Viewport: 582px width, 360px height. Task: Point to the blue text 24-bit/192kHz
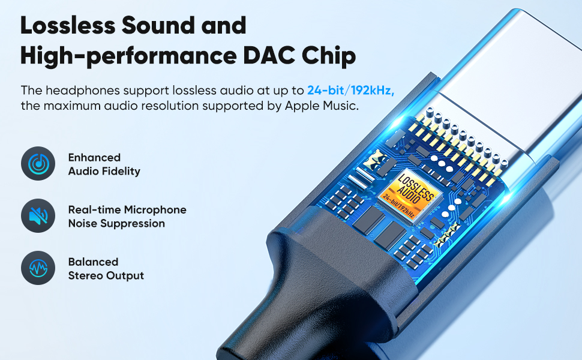351,91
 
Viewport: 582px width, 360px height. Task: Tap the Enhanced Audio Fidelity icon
38,164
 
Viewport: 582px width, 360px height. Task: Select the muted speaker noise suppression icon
38,216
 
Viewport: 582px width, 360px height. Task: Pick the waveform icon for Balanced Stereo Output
38,268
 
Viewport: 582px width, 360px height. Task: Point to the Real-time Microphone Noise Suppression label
127,217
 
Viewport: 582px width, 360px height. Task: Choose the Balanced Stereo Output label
106,269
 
